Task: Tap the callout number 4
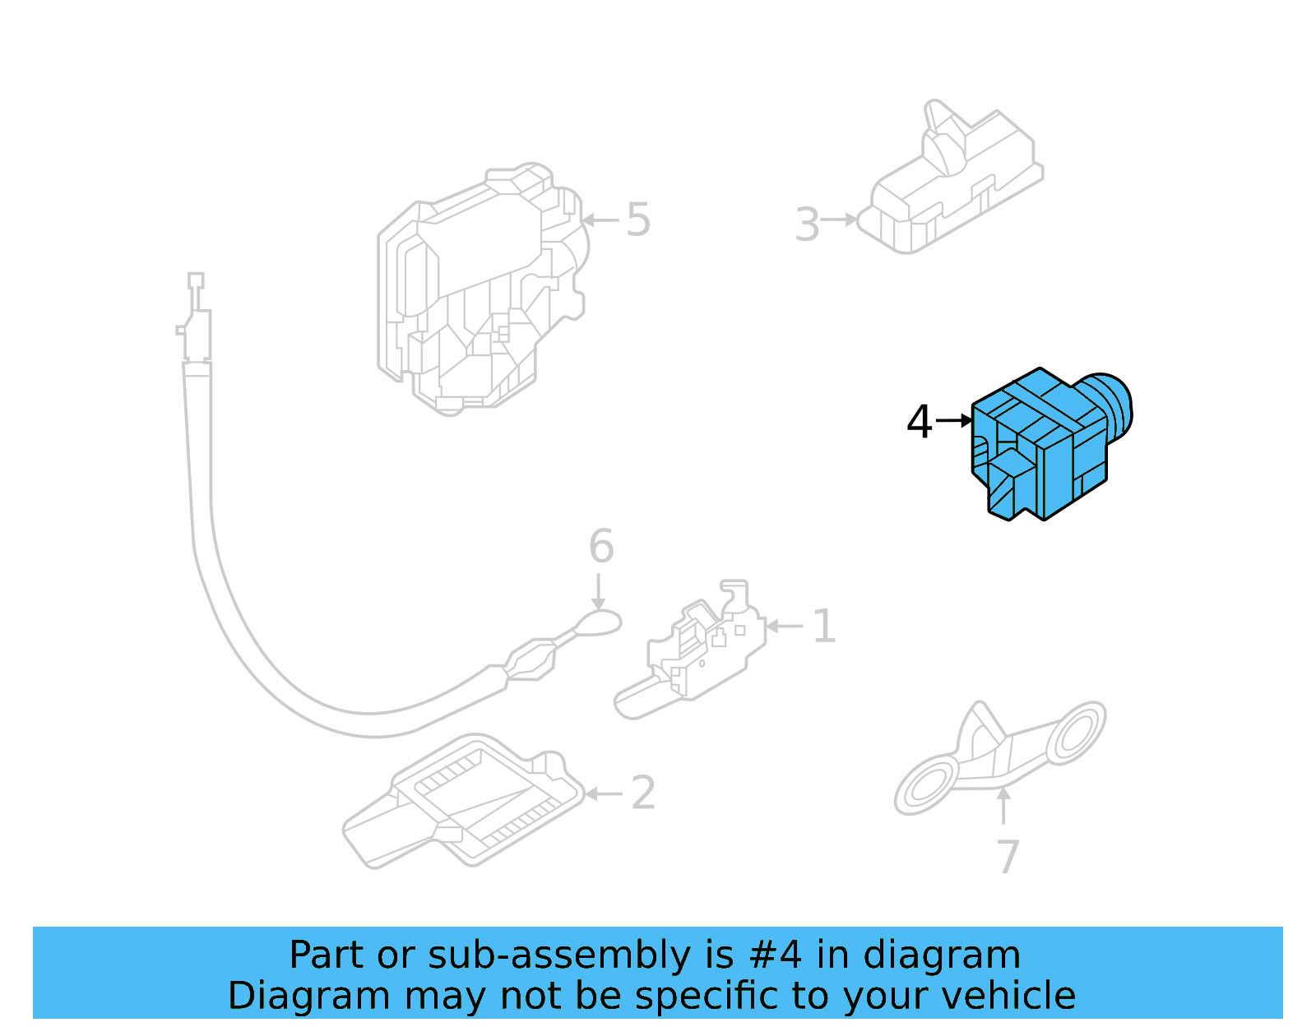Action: tap(919, 422)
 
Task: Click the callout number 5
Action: tap(638, 220)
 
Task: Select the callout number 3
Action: tap(808, 224)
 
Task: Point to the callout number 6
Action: tap(601, 546)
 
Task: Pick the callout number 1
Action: tap(823, 627)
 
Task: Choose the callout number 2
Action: tap(643, 793)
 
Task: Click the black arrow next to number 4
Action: tap(954, 420)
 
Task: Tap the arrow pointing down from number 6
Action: tap(598, 592)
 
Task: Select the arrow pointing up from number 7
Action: tap(1003, 806)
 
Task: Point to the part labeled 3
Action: tap(951, 178)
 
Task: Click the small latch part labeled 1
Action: tap(690, 650)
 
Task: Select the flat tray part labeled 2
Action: tap(463, 801)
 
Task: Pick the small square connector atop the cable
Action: tap(196, 280)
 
